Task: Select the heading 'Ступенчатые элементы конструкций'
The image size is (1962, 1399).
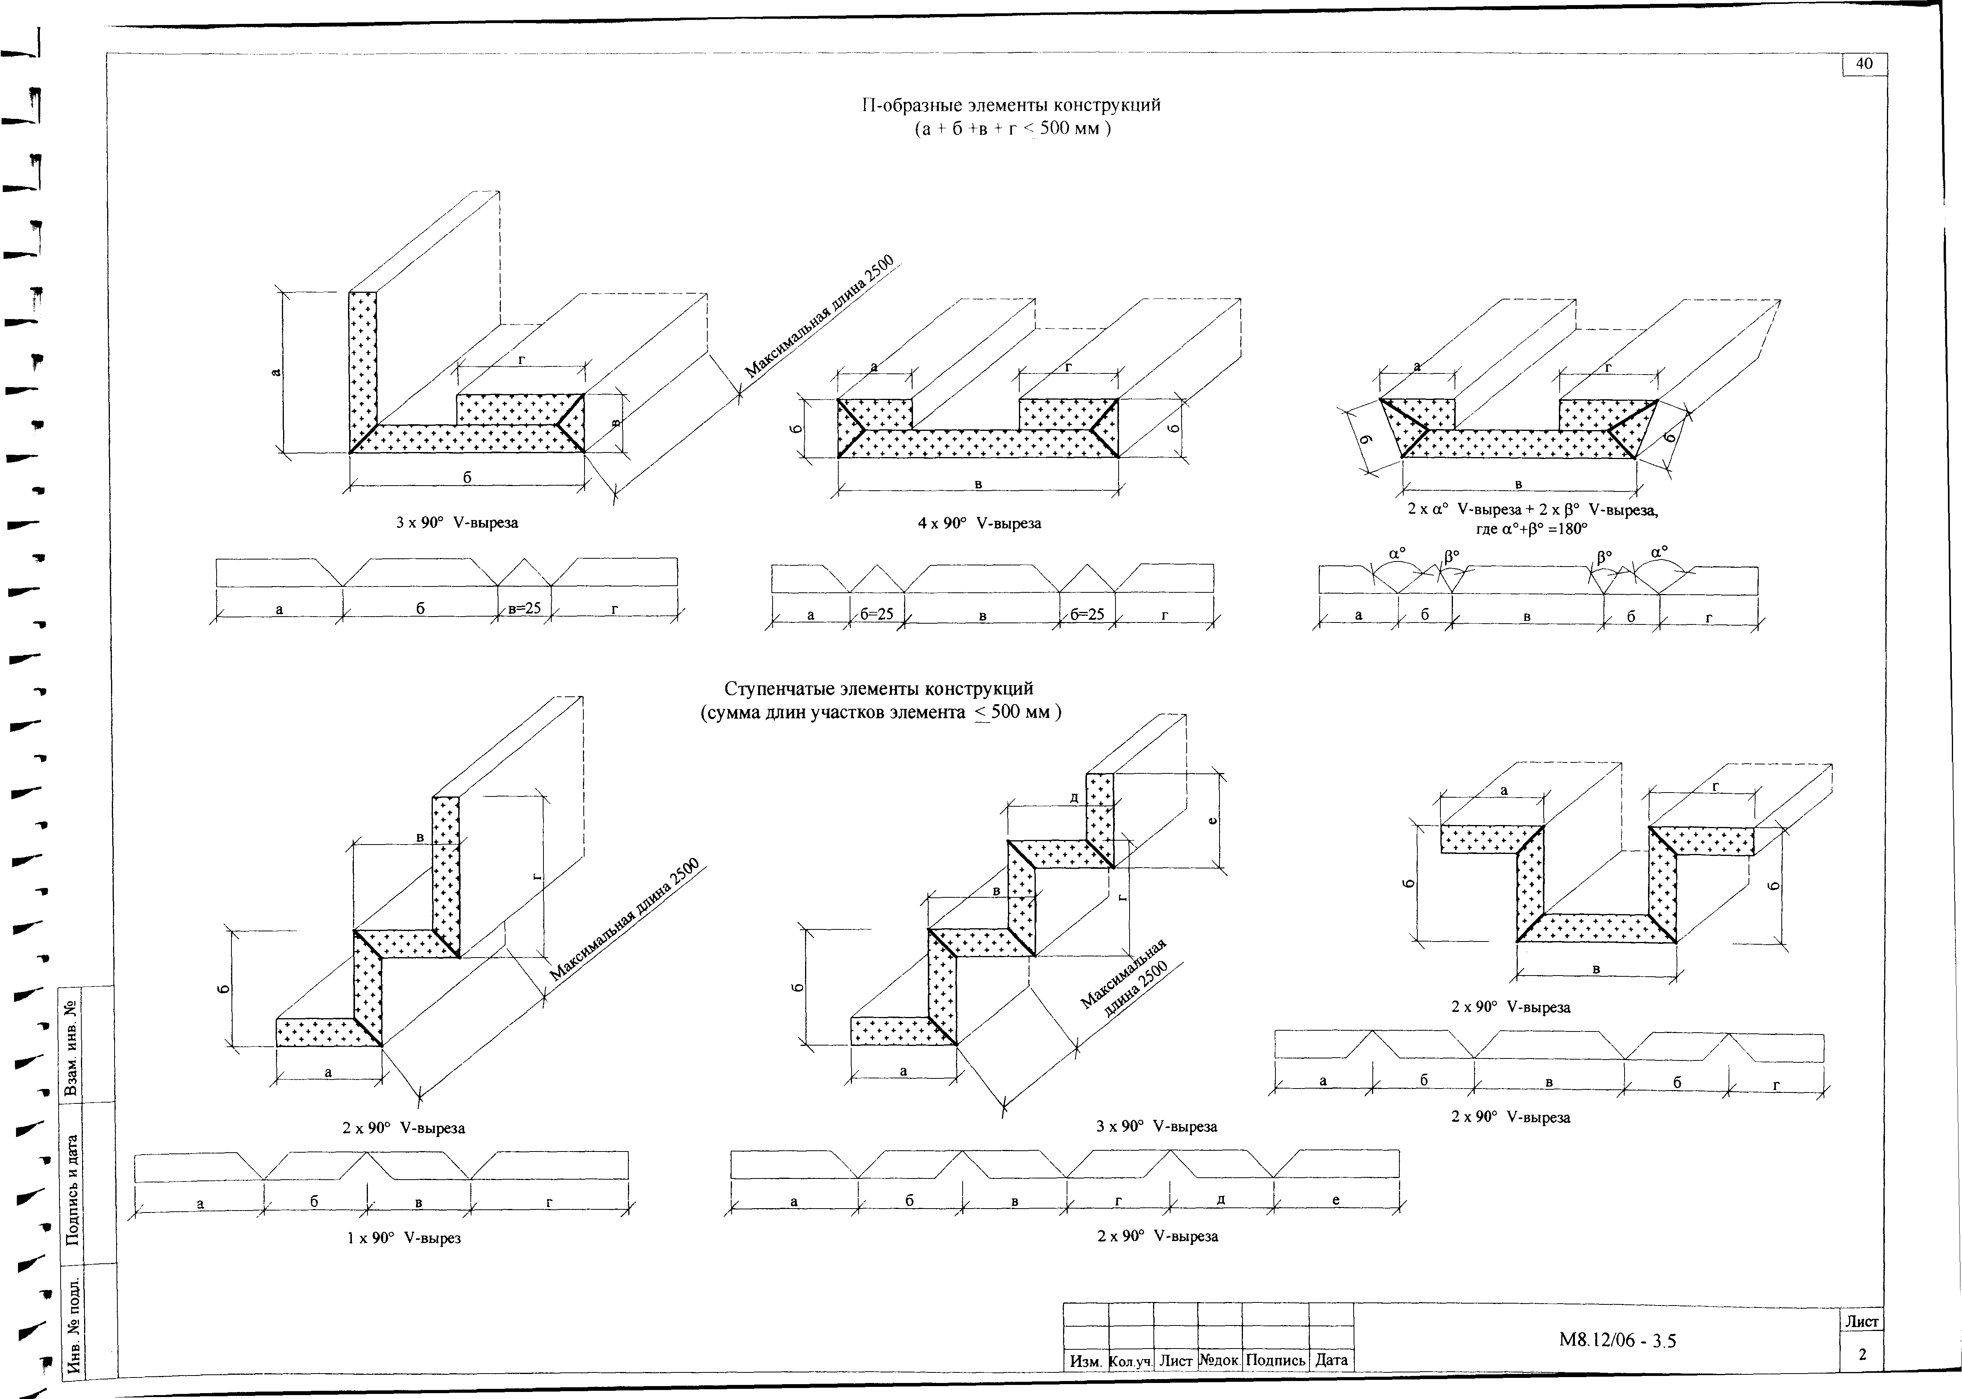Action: point(879,689)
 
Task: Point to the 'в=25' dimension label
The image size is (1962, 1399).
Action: point(524,608)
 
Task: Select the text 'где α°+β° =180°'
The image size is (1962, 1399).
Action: point(1530,529)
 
